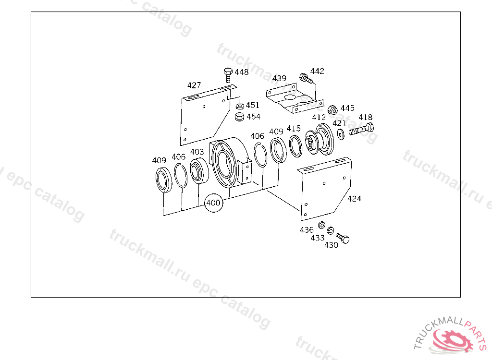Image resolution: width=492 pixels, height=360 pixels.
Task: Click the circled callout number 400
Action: click(214, 203)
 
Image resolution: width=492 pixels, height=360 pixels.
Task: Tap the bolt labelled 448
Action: click(228, 74)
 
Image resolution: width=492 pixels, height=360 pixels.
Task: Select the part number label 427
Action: click(194, 85)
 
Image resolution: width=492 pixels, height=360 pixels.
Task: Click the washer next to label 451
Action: click(240, 106)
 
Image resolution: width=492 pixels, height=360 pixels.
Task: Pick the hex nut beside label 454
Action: click(239, 117)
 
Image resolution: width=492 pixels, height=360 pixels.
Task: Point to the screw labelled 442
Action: click(306, 78)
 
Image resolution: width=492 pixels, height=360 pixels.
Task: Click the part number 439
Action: click(279, 78)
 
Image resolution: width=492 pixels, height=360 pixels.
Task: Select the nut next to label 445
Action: click(332, 110)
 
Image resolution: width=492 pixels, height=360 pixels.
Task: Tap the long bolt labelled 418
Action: click(361, 130)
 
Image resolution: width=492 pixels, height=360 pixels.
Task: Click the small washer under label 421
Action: click(341, 134)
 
